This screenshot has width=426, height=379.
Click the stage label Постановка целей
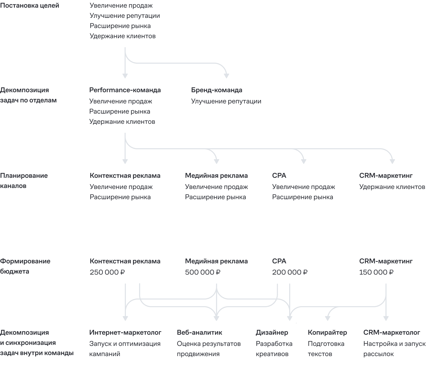[x=30, y=6]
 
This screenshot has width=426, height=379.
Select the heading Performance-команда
[x=125, y=90]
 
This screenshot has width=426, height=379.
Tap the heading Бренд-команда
[x=217, y=90]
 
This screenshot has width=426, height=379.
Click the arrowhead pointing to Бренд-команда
[x=226, y=76]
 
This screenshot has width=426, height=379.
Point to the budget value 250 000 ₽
[x=107, y=272]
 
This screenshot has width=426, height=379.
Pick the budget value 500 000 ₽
[x=203, y=272]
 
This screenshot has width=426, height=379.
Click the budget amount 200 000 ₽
[x=290, y=272]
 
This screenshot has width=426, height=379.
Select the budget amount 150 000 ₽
[x=376, y=272]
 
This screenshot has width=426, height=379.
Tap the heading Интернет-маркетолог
[x=125, y=332]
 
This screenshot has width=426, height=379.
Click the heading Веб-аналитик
[x=199, y=332]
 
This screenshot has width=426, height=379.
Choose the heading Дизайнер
[x=272, y=332]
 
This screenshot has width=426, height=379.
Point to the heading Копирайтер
[x=327, y=332]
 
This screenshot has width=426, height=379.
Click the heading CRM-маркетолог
[x=392, y=332]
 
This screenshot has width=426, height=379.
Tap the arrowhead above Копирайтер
[x=328, y=318]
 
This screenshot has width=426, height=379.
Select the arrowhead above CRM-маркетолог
[x=386, y=318]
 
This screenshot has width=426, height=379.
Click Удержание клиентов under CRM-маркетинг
[x=392, y=187]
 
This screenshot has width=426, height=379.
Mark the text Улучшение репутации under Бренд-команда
[x=226, y=101]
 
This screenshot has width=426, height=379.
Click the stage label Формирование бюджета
[x=25, y=266]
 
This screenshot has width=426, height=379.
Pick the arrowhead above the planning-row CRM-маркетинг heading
[x=392, y=161]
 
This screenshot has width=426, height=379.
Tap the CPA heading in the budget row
[x=279, y=261]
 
